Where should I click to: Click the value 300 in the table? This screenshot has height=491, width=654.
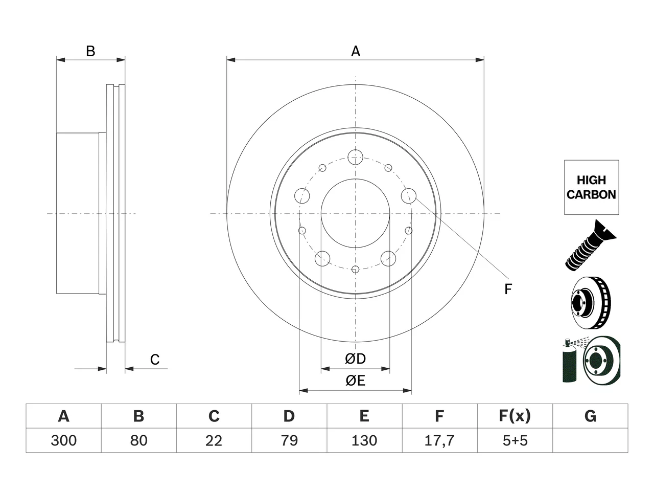(x=63, y=440)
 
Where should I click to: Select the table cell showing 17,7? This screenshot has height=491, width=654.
(x=439, y=440)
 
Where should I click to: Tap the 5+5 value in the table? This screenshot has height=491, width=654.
(x=515, y=440)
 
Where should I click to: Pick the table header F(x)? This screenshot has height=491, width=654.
(x=515, y=416)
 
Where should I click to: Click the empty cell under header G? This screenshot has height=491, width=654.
(x=590, y=440)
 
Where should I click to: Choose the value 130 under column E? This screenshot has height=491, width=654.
(x=364, y=440)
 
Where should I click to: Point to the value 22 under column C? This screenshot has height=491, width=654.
(x=214, y=440)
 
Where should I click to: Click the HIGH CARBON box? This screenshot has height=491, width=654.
(x=592, y=187)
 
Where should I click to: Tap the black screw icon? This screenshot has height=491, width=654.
(x=591, y=245)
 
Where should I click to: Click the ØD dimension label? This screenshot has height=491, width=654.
(x=355, y=359)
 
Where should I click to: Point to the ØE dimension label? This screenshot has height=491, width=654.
(x=355, y=381)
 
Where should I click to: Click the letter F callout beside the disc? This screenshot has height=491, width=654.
(x=508, y=289)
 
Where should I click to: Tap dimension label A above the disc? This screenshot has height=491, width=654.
(x=356, y=51)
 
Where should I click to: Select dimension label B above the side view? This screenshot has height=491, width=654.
(x=90, y=51)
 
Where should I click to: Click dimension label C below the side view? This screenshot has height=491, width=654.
(x=155, y=360)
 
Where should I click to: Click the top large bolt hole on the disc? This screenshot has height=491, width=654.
(x=355, y=157)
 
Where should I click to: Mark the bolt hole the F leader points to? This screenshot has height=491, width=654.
(x=408, y=196)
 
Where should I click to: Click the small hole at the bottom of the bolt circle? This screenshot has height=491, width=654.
(x=355, y=269)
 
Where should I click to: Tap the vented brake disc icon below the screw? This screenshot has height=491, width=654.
(x=591, y=303)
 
